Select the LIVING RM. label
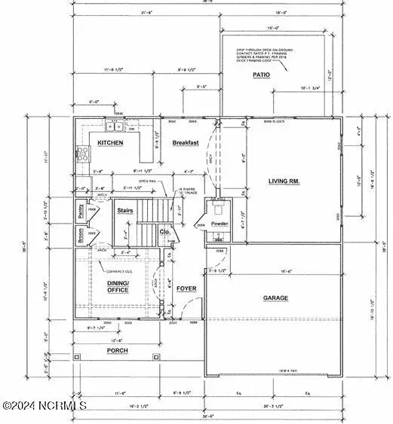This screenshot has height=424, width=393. (x=284, y=181)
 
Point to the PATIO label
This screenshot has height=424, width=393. (x=261, y=75)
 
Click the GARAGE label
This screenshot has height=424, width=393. (x=275, y=298)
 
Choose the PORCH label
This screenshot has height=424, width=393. (x=117, y=350)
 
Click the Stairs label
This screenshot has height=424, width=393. (x=125, y=212)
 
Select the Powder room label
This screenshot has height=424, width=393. (x=220, y=224)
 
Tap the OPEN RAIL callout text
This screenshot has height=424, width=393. (x=149, y=181)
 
